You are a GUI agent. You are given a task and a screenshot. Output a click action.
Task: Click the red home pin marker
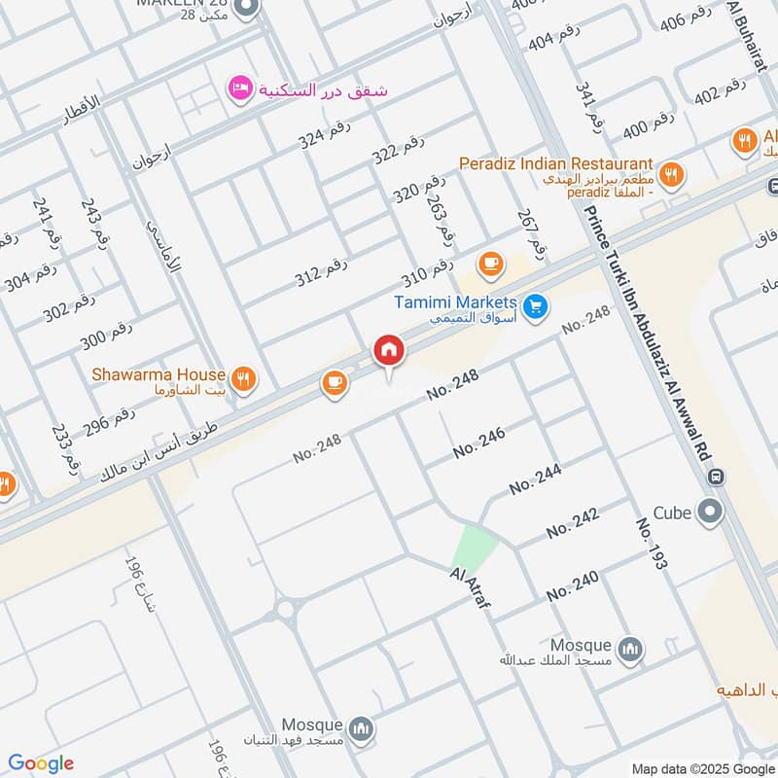(x=389, y=350)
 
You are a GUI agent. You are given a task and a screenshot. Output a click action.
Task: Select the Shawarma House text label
(x=159, y=374)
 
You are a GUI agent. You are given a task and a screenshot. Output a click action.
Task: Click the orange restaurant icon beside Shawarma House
(x=244, y=379)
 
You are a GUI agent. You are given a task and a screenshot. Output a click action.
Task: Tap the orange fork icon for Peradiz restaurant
(x=670, y=175)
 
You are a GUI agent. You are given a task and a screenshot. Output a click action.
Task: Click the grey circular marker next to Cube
(x=712, y=510)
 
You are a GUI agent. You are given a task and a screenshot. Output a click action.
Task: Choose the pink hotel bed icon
(x=239, y=89)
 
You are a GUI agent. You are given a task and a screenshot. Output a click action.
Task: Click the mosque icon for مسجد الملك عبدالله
(x=631, y=649)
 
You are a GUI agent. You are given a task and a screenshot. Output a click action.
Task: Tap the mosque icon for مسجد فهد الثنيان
(x=362, y=728)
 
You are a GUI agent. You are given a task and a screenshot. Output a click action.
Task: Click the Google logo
(x=41, y=763)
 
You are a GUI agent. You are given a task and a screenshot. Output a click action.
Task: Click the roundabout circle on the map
(x=286, y=610)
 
